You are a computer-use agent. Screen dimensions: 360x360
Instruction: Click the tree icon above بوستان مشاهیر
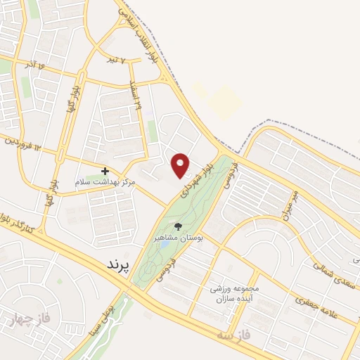(x=177, y=226)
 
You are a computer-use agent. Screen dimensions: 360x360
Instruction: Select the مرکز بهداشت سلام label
(x=105, y=182)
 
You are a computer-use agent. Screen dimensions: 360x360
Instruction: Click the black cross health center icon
(x=105, y=171)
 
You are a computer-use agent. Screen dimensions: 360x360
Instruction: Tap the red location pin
(x=181, y=165)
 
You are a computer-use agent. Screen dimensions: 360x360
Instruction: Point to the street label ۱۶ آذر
(x=36, y=67)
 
